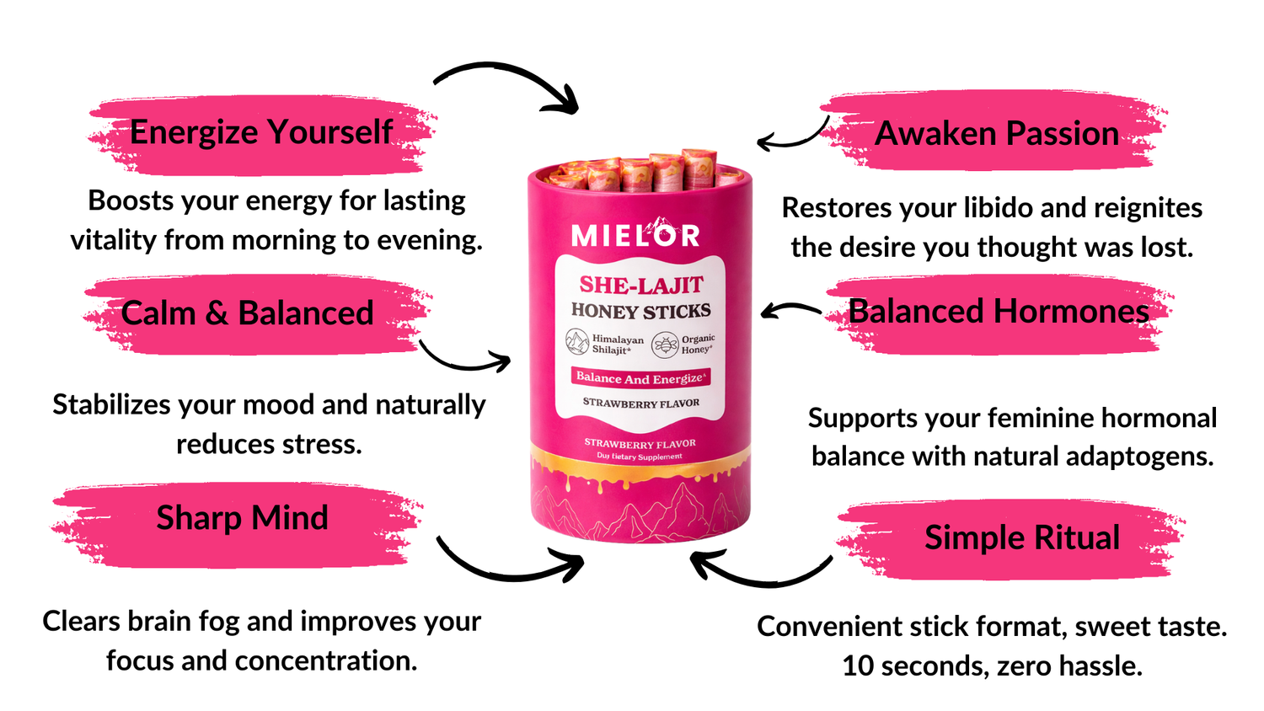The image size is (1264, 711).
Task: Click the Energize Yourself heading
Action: point(261,132)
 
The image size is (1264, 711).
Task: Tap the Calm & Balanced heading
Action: point(247,313)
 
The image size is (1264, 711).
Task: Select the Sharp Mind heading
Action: point(242,518)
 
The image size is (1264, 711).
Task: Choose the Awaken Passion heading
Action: point(997,133)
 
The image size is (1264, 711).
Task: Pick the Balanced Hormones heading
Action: point(999,312)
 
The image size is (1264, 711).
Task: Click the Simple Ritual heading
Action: point(1022,537)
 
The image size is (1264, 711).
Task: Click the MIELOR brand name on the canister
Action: point(635,235)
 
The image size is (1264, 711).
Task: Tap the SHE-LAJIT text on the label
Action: point(640,285)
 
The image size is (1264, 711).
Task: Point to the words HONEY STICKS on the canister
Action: point(640,311)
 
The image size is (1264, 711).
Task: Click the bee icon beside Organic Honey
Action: point(665,345)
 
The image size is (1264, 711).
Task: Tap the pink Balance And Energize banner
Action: point(640,378)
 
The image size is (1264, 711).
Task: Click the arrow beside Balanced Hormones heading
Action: point(790,311)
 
